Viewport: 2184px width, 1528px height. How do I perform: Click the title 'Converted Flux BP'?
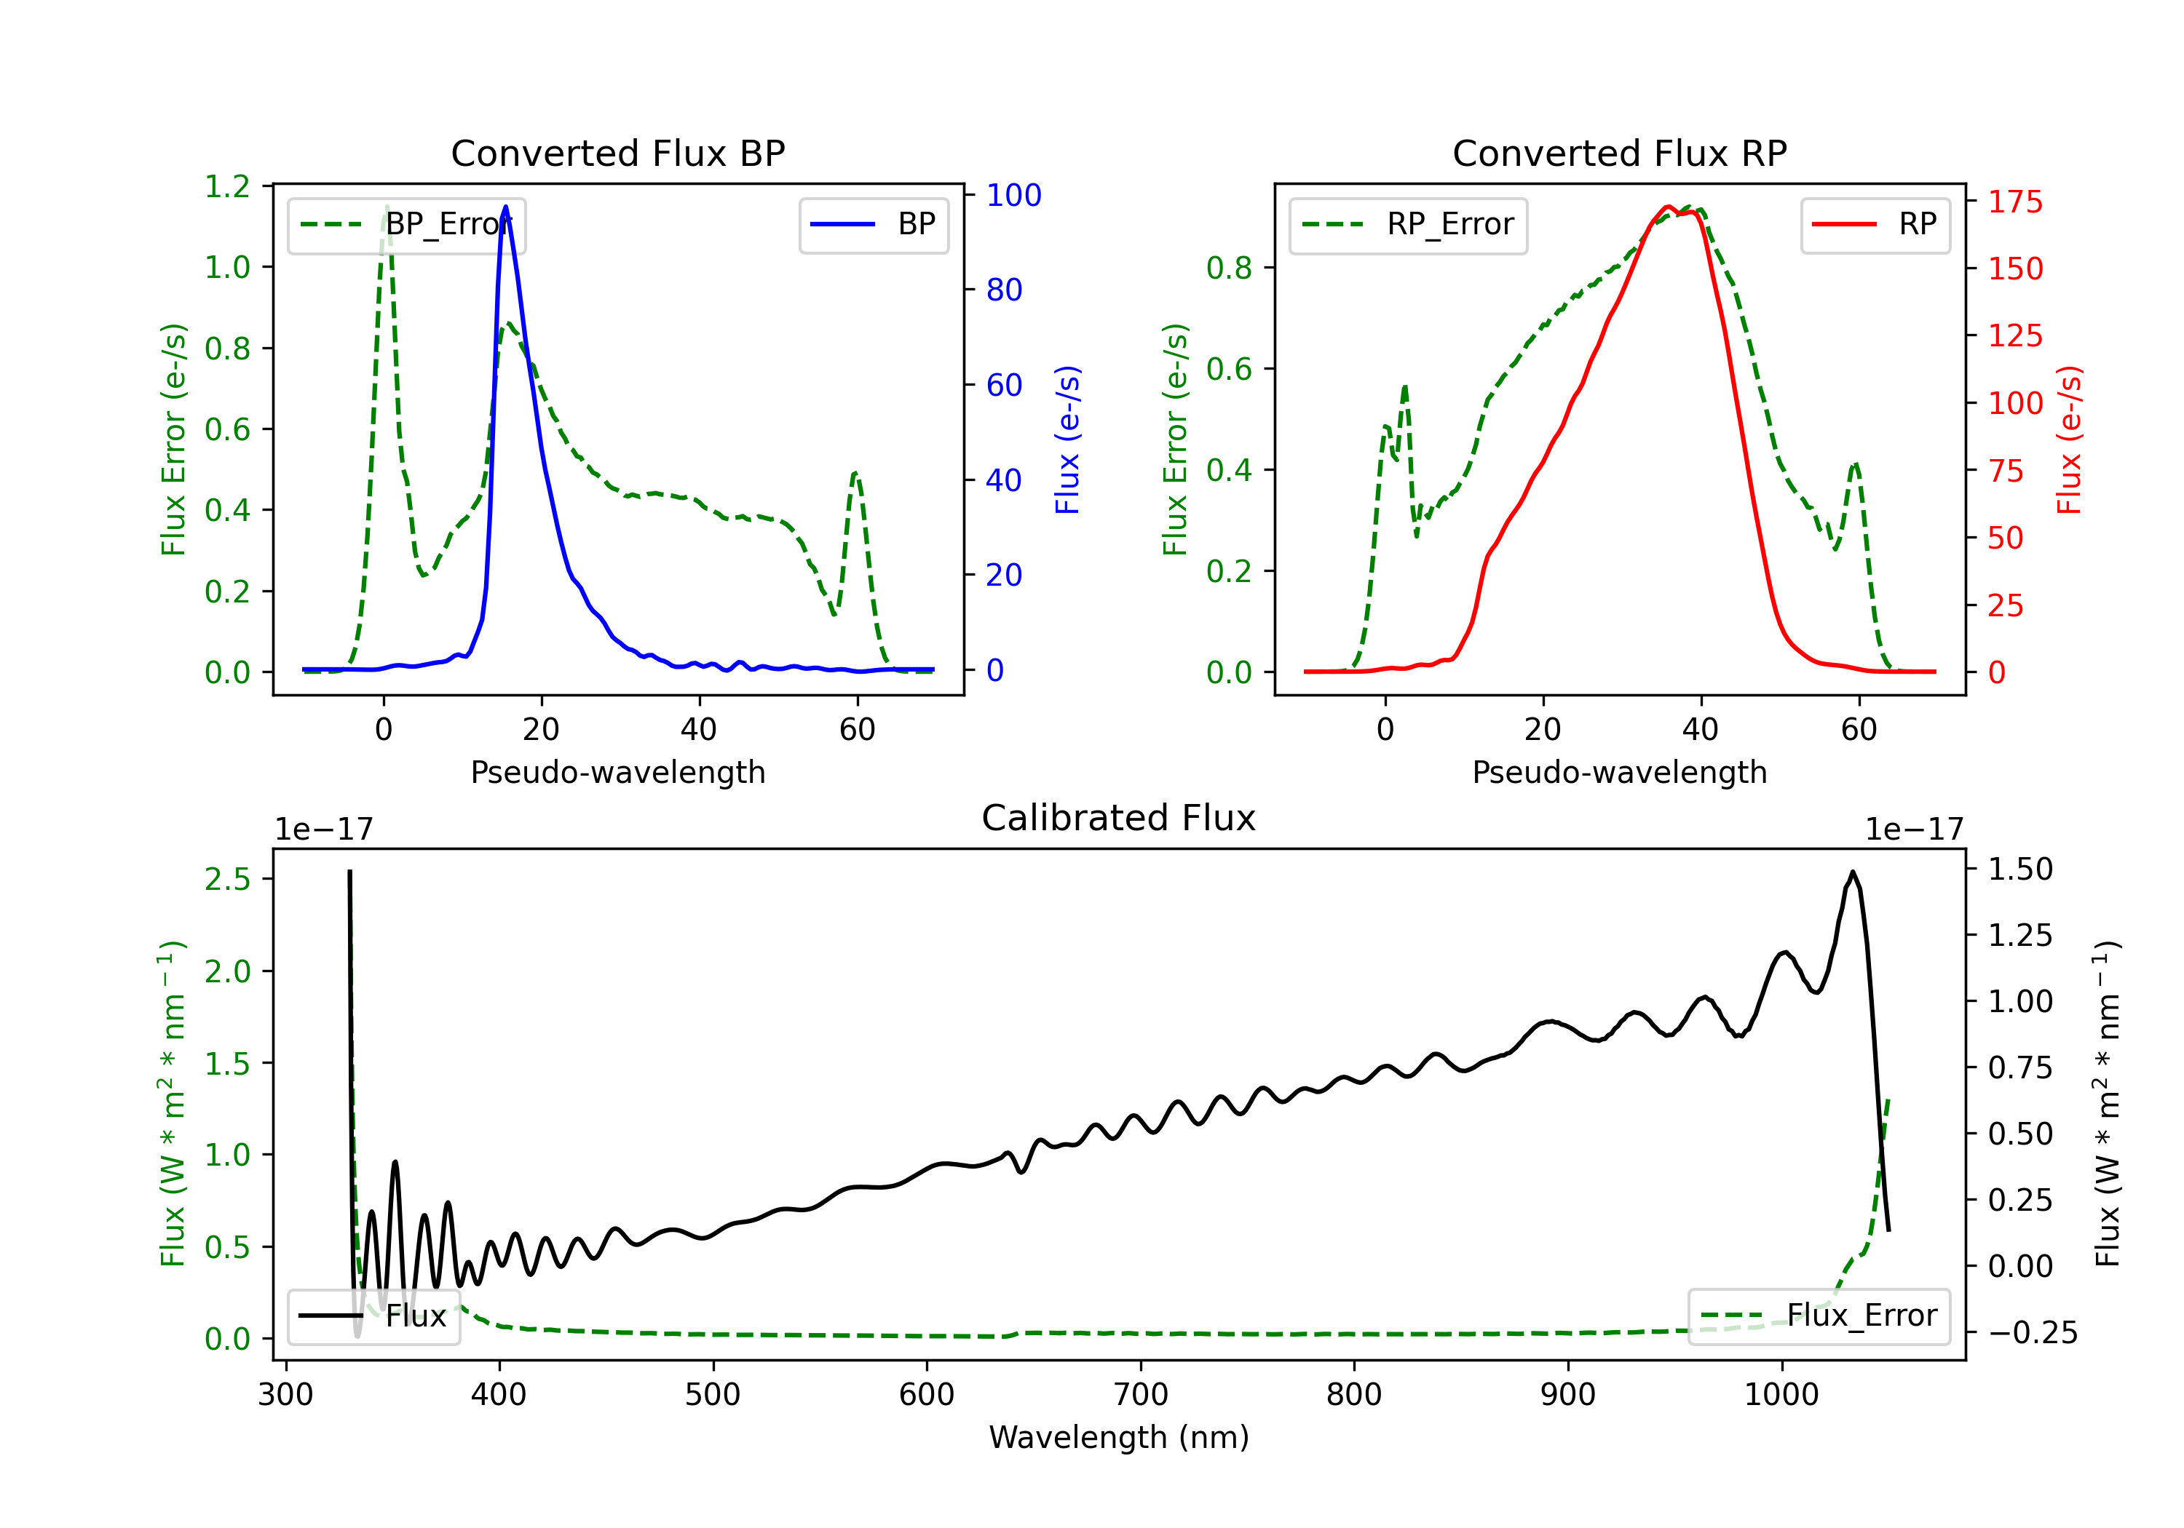pyautogui.click(x=617, y=153)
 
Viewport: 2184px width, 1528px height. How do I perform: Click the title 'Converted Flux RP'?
pyautogui.click(x=1619, y=153)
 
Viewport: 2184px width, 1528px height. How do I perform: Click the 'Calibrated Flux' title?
pyautogui.click(x=1119, y=818)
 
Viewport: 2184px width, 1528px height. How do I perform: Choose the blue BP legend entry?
pyautogui.click(x=873, y=224)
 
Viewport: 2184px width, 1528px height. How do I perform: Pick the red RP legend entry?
pyautogui.click(x=1875, y=224)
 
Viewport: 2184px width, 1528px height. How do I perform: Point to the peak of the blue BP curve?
pyautogui.click(x=505, y=207)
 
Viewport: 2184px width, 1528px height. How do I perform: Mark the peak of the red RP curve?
pyautogui.click(x=1668, y=207)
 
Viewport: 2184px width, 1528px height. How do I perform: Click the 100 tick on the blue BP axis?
pyautogui.click(x=1013, y=195)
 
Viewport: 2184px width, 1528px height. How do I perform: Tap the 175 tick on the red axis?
pyautogui.click(x=2014, y=202)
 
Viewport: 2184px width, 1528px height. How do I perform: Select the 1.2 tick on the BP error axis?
pyautogui.click(x=227, y=186)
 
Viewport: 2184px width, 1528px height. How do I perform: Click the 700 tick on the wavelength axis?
pyautogui.click(x=1139, y=1395)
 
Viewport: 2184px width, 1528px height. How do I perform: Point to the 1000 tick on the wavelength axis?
pyautogui.click(x=1781, y=1395)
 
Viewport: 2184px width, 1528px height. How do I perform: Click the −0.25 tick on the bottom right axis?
pyautogui.click(x=2033, y=1333)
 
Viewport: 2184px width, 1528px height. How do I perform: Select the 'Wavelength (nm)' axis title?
pyautogui.click(x=1119, y=1438)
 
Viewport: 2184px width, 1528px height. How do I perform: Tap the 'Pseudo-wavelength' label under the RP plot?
pyautogui.click(x=1619, y=772)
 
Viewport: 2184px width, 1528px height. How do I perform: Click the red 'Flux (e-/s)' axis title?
pyautogui.click(x=2070, y=439)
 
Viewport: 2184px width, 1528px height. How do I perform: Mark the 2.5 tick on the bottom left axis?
pyautogui.click(x=227, y=880)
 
